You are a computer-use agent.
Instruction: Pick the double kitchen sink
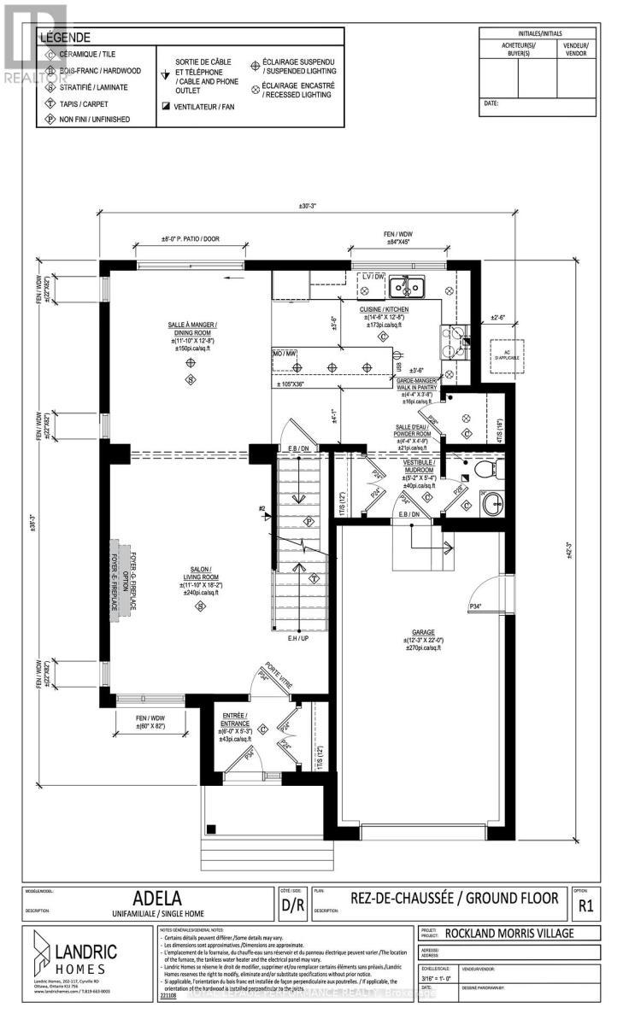click(407, 284)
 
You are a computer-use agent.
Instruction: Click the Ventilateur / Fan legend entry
click(206, 107)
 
